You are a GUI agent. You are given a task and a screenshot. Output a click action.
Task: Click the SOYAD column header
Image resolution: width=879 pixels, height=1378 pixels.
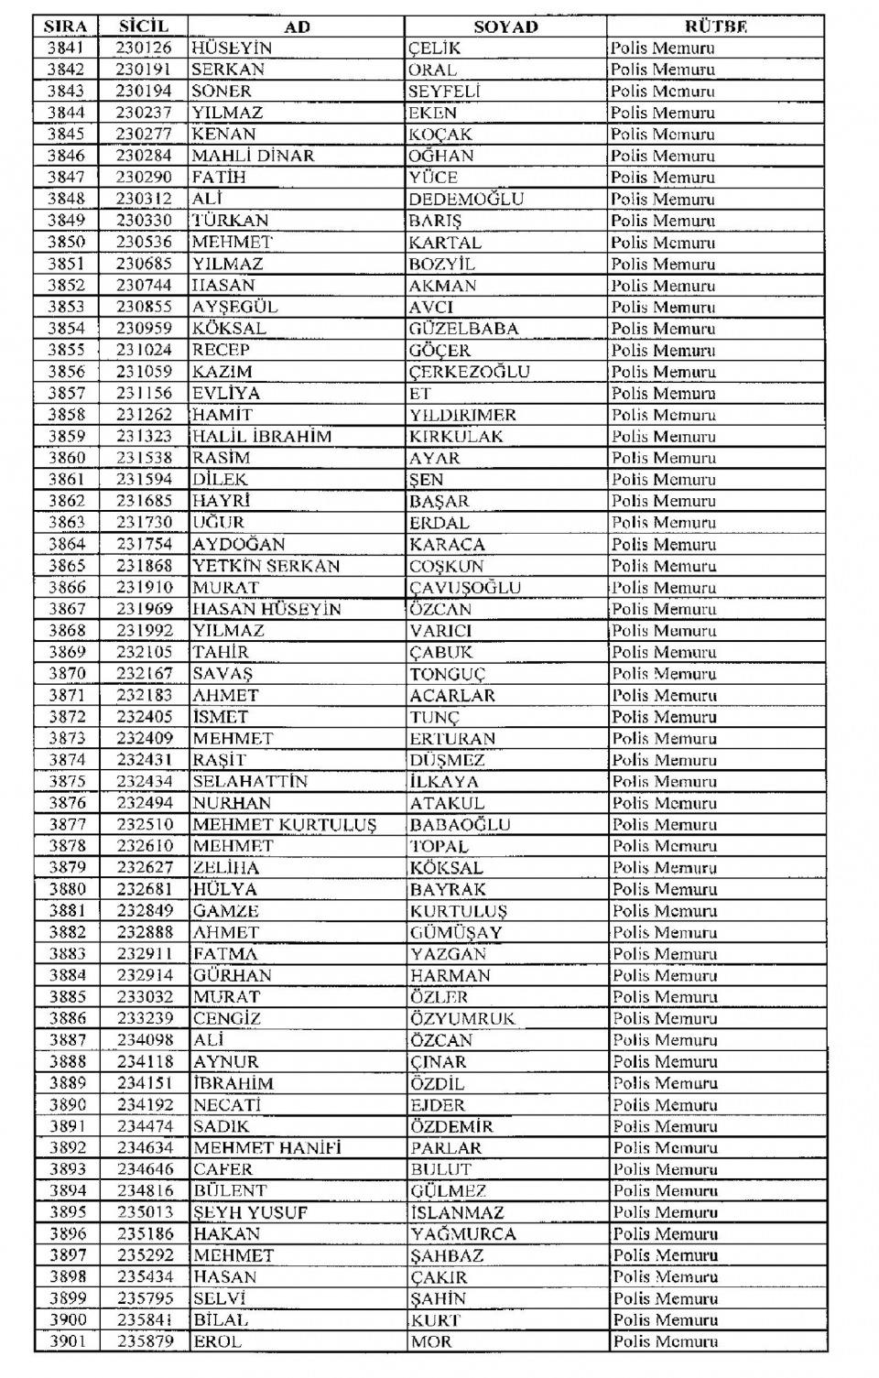505,27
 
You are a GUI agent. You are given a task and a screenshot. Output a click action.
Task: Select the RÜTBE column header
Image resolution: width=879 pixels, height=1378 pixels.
715,27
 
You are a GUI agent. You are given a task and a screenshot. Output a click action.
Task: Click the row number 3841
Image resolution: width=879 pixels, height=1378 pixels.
66,48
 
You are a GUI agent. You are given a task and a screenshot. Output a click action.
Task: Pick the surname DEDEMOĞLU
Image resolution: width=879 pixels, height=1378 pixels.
466,199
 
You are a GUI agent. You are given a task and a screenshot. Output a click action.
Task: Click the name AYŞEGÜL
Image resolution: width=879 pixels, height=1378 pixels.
234,307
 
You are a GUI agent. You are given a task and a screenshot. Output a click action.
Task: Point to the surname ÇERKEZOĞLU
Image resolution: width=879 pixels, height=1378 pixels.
469,372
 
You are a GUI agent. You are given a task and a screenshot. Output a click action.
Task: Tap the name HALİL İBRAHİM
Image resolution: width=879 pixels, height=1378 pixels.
261,437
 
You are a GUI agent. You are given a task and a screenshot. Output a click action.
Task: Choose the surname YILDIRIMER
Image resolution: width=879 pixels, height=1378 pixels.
462,415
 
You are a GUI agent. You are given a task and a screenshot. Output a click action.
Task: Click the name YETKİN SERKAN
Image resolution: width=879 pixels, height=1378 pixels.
266,566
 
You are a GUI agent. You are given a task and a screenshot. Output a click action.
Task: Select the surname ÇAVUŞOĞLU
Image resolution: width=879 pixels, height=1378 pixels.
465,588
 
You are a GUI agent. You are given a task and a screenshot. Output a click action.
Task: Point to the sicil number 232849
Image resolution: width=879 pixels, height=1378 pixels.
145,911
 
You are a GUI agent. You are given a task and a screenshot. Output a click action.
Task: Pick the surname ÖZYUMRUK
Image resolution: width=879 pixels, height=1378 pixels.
462,1019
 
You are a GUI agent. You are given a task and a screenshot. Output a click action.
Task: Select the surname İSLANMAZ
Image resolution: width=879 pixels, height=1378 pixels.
457,1213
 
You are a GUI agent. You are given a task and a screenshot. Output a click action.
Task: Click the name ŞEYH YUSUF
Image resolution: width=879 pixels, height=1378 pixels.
250,1213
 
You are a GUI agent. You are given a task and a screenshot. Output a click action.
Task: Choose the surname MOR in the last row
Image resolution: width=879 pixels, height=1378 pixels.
426,1342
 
